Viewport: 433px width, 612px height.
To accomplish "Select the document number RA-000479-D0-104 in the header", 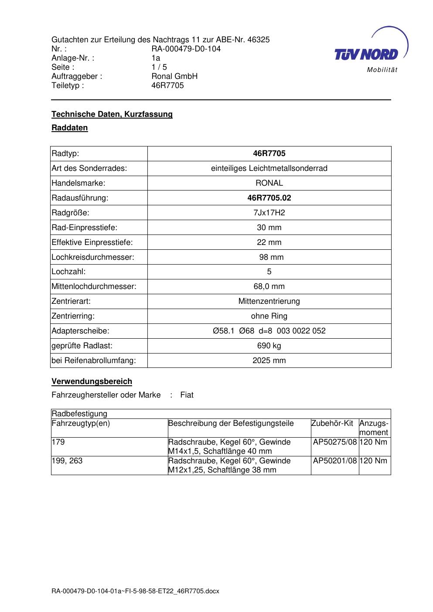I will coord(186,49).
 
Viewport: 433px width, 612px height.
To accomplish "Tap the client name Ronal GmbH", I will coord(174,76).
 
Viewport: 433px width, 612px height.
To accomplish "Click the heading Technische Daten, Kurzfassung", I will coord(112,114).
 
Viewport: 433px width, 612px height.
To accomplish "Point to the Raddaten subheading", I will coord(70,128).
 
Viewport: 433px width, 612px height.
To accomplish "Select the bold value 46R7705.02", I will coord(269,198).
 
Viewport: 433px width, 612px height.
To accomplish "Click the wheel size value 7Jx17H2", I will coord(269,213).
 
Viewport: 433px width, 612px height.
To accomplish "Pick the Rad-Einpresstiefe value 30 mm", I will coord(269,228).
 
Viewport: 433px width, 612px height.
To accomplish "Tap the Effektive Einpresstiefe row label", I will coord(92,242).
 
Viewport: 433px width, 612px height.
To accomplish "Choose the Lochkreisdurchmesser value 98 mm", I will coord(271,257).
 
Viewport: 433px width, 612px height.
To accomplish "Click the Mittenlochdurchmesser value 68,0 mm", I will coord(269,286).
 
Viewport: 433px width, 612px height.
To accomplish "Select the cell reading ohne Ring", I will coord(269,316).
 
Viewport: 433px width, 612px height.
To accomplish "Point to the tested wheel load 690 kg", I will coord(269,346).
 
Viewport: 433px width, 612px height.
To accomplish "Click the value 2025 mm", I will coord(269,360).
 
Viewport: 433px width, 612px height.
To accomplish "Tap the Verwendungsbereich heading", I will coord(92,381).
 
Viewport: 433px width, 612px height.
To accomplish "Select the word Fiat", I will coord(187,395).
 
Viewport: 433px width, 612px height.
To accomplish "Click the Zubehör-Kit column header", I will coord(332,423).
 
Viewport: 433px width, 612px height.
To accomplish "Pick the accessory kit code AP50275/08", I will coord(335,442).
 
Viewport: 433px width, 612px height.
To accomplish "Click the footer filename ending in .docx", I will coord(135,591).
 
